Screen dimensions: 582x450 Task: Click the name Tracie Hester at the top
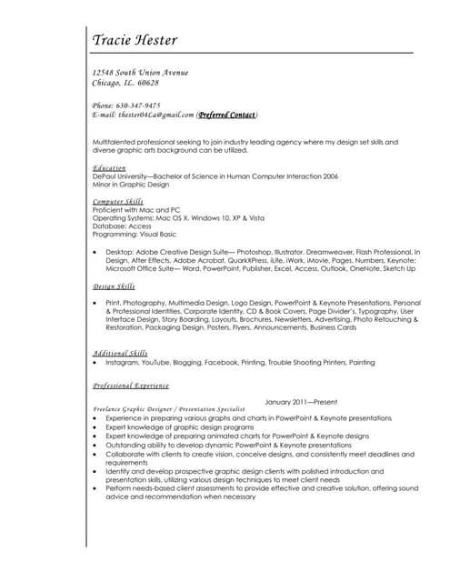[135, 39]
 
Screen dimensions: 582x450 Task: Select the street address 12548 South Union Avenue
[140, 72]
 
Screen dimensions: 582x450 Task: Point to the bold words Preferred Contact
[227, 115]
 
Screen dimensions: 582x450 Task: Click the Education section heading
[109, 168]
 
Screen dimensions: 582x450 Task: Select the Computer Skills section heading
[118, 201]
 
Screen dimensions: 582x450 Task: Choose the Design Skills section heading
[114, 286]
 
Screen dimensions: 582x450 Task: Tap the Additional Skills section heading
[120, 353]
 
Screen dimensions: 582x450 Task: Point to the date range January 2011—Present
[300, 401]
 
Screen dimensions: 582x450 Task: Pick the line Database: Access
[123, 226]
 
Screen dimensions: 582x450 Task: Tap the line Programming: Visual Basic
[134, 234]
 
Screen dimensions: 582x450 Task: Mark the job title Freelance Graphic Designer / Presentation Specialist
[168, 409]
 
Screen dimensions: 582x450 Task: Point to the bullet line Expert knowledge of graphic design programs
[179, 426]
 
